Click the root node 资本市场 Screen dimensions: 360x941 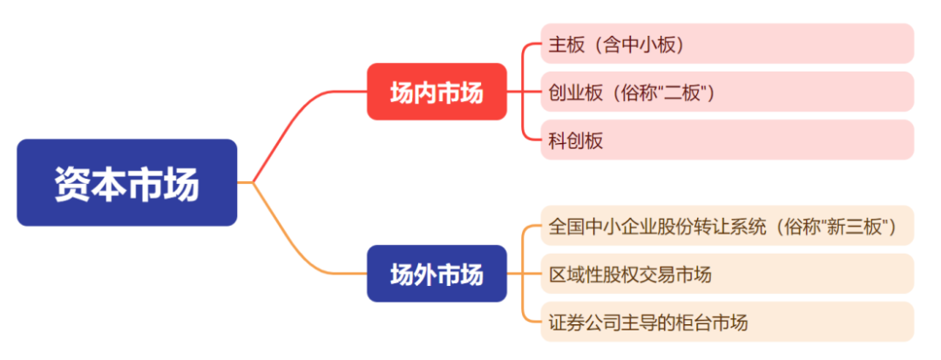coord(127,182)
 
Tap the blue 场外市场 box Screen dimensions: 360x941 coord(437,275)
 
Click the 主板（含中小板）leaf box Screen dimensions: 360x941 coord(727,44)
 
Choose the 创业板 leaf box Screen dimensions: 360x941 coord(727,92)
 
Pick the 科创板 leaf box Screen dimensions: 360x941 coord(727,139)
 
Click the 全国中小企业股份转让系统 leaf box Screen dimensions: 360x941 coord(727,227)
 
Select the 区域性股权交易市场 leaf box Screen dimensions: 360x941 coord(727,275)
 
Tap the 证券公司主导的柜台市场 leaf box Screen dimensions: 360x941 coord(727,323)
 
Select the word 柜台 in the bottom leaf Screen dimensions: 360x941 coord(690,323)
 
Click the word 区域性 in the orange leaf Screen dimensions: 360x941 coord(579,275)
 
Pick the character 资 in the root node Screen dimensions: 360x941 coord(71,183)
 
